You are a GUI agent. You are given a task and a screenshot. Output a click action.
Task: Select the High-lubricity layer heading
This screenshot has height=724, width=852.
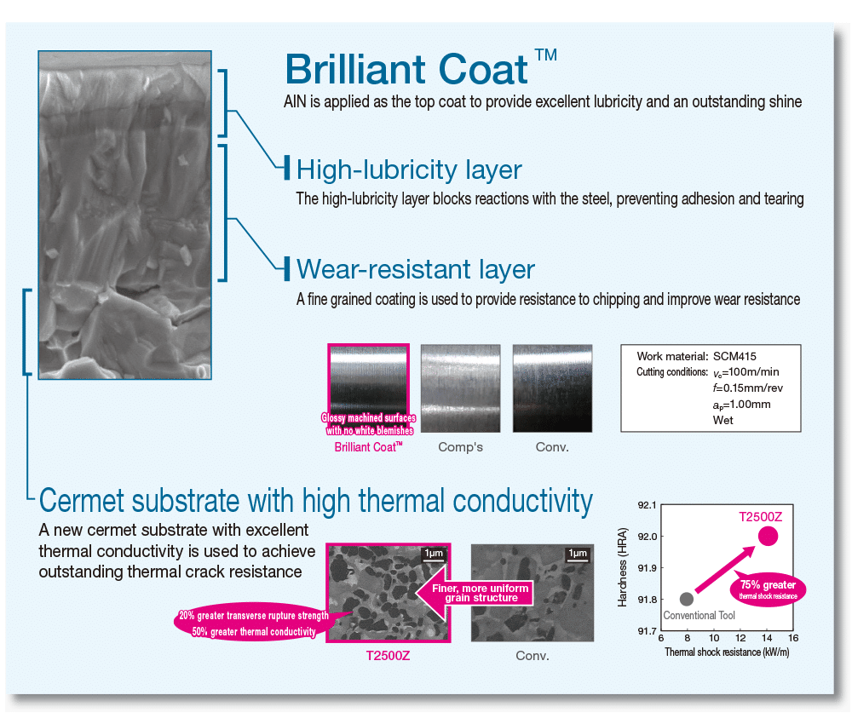[x=409, y=170]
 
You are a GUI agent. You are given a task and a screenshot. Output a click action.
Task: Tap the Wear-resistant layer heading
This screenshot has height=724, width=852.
[x=416, y=269]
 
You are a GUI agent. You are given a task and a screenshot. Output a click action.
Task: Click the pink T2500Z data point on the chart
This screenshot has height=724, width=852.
[x=768, y=536]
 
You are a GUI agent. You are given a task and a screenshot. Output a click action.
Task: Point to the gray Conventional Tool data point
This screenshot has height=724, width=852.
[x=686, y=599]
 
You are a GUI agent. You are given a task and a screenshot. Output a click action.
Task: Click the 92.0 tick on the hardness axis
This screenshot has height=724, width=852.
[x=648, y=537]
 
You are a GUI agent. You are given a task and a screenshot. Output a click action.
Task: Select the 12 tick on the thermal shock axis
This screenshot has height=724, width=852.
[x=740, y=638]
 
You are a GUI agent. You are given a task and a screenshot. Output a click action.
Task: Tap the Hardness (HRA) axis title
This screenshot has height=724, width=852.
[x=623, y=567]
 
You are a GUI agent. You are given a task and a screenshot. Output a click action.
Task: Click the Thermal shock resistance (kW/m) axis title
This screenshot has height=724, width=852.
[x=727, y=652]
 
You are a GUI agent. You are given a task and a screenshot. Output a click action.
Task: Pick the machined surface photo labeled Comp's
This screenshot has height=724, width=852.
[x=460, y=388]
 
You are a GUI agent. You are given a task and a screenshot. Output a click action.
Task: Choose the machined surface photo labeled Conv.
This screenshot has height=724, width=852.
[x=552, y=388]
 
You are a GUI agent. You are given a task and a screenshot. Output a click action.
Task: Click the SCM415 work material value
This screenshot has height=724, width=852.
[x=734, y=356]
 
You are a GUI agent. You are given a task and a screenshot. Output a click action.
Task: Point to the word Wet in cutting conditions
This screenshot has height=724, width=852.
[x=722, y=420]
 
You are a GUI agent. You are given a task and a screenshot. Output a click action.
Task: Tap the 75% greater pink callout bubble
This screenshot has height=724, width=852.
[x=768, y=589]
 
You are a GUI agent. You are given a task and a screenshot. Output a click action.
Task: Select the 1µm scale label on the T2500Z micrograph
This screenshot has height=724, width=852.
[x=434, y=553]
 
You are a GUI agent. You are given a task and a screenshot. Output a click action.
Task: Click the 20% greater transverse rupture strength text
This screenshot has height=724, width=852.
[x=254, y=615]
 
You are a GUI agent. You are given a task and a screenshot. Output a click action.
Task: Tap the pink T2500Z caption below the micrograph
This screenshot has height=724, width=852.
[x=388, y=656]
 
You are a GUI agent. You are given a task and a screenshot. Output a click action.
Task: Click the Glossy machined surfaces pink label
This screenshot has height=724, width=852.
[x=368, y=417]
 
